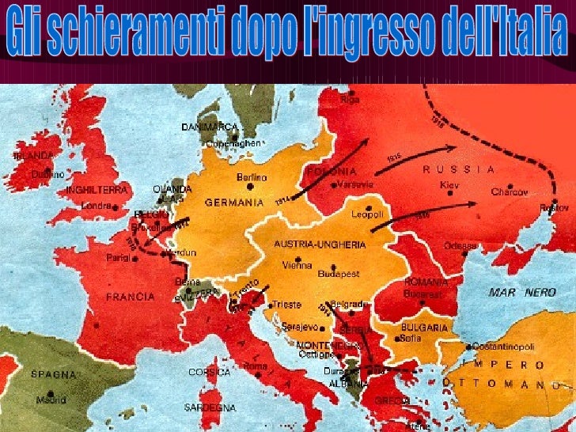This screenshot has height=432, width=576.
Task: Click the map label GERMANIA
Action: pyautogui.click(x=233, y=202)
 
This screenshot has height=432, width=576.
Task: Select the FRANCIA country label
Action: pyautogui.click(x=130, y=297)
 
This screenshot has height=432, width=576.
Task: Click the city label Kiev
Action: pyautogui.click(x=449, y=184)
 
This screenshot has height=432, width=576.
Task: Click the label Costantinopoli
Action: pyautogui.click(x=506, y=347)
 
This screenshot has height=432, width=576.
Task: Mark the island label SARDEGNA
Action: pyautogui.click(x=211, y=407)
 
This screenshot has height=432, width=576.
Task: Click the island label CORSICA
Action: pyautogui.click(x=210, y=371)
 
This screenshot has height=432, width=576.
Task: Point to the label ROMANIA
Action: pyautogui.click(x=426, y=281)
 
